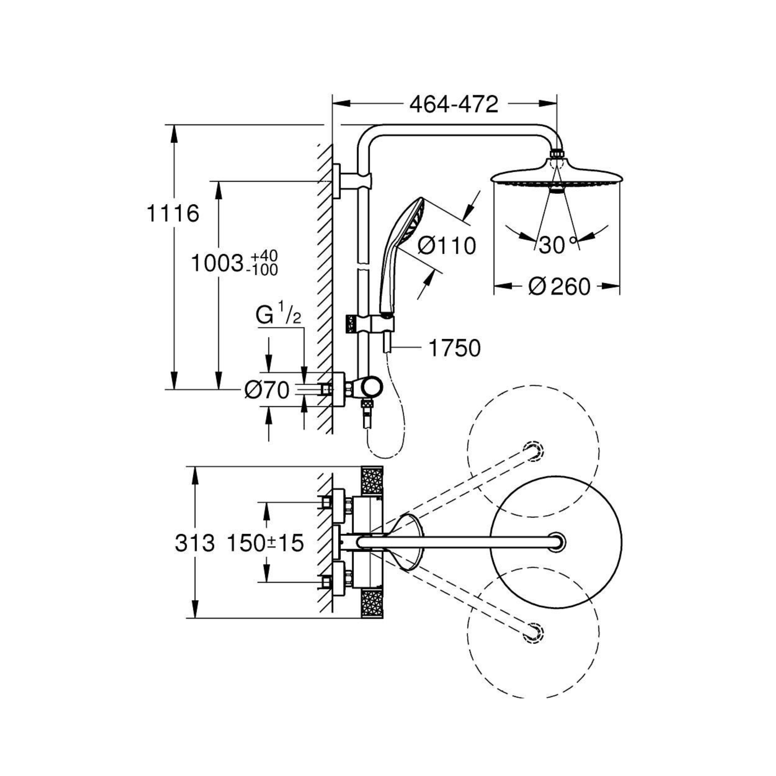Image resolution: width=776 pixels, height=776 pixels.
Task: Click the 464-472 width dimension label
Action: click(454, 105)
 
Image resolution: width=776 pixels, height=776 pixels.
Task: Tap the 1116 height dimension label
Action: click(173, 213)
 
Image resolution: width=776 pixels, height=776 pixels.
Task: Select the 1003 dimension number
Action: click(217, 264)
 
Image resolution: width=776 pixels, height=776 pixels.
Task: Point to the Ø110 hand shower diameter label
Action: click(447, 245)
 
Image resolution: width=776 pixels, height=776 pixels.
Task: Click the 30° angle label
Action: click(558, 245)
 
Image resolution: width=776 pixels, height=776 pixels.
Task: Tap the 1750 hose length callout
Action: click(455, 348)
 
